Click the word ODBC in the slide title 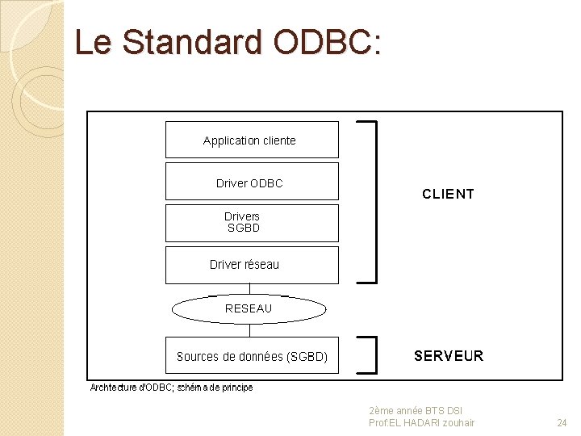point(324,42)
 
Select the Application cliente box point(252,140)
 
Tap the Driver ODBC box point(252,182)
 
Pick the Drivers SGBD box point(252,223)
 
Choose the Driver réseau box point(252,265)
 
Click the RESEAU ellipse point(249,308)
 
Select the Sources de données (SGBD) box point(252,356)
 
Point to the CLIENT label point(448,194)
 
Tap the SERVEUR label point(448,356)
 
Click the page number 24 point(562,422)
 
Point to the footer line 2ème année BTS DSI point(415,411)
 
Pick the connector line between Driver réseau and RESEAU point(249,289)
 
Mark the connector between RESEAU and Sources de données point(249,329)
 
